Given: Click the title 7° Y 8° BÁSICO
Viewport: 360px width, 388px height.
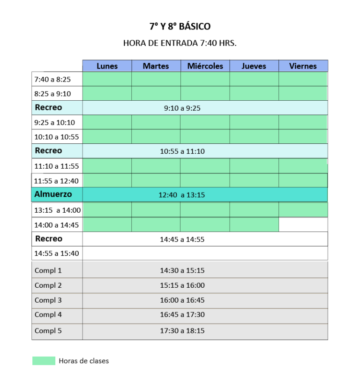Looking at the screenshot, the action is [180, 26].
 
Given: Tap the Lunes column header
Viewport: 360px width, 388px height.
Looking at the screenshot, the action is [107, 66].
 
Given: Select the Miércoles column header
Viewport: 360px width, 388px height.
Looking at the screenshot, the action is [205, 66].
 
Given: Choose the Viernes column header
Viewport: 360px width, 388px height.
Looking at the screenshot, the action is [303, 66].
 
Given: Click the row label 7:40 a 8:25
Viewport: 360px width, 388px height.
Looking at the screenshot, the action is [52, 80].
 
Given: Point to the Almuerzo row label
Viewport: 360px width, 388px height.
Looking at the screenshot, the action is [53, 194].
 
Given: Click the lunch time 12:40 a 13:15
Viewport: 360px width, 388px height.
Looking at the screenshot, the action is [182, 195].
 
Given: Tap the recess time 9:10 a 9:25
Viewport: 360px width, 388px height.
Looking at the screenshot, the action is [182, 108].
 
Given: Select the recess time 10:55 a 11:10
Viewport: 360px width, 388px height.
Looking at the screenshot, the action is [182, 151].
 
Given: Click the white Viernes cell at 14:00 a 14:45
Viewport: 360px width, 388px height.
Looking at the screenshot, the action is [303, 224].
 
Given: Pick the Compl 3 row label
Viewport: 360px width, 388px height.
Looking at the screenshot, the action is [48, 300].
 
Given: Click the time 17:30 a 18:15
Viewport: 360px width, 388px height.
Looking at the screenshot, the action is [182, 331].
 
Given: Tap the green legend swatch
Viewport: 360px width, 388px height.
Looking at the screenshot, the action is [44, 361].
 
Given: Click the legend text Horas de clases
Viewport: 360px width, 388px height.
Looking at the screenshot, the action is [84, 361].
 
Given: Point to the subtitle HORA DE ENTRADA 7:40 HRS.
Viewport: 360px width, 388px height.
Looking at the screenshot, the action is [180, 43].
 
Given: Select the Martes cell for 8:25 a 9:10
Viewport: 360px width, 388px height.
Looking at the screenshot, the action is [156, 93].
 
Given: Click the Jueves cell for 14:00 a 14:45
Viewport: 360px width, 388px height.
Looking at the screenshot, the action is [254, 224].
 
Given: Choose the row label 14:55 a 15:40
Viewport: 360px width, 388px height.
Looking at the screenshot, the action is [56, 254].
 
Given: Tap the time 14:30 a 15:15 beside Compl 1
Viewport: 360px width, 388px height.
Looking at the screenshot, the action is [182, 270].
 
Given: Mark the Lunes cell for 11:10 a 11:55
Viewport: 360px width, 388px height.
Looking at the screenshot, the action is [107, 166].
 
